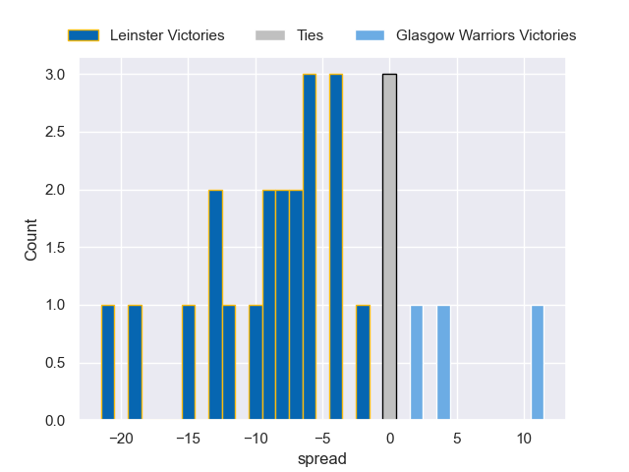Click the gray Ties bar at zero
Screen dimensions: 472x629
389,248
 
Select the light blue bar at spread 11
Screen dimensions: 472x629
538,363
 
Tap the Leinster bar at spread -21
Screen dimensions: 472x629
108,363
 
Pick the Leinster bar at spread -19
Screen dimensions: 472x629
135,363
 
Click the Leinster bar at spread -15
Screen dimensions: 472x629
189,363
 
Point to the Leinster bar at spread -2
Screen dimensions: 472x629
363,363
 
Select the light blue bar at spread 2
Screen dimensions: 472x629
417,363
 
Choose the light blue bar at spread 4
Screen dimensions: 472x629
443,363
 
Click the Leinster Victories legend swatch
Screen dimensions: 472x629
84,35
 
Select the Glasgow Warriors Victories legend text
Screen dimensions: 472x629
486,35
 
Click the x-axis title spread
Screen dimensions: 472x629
322,458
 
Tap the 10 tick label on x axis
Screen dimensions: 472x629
524,438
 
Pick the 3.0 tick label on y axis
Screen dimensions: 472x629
54,75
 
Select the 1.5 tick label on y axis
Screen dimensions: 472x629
54,248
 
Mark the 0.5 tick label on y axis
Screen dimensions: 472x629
54,363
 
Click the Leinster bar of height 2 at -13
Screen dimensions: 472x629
215,305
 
